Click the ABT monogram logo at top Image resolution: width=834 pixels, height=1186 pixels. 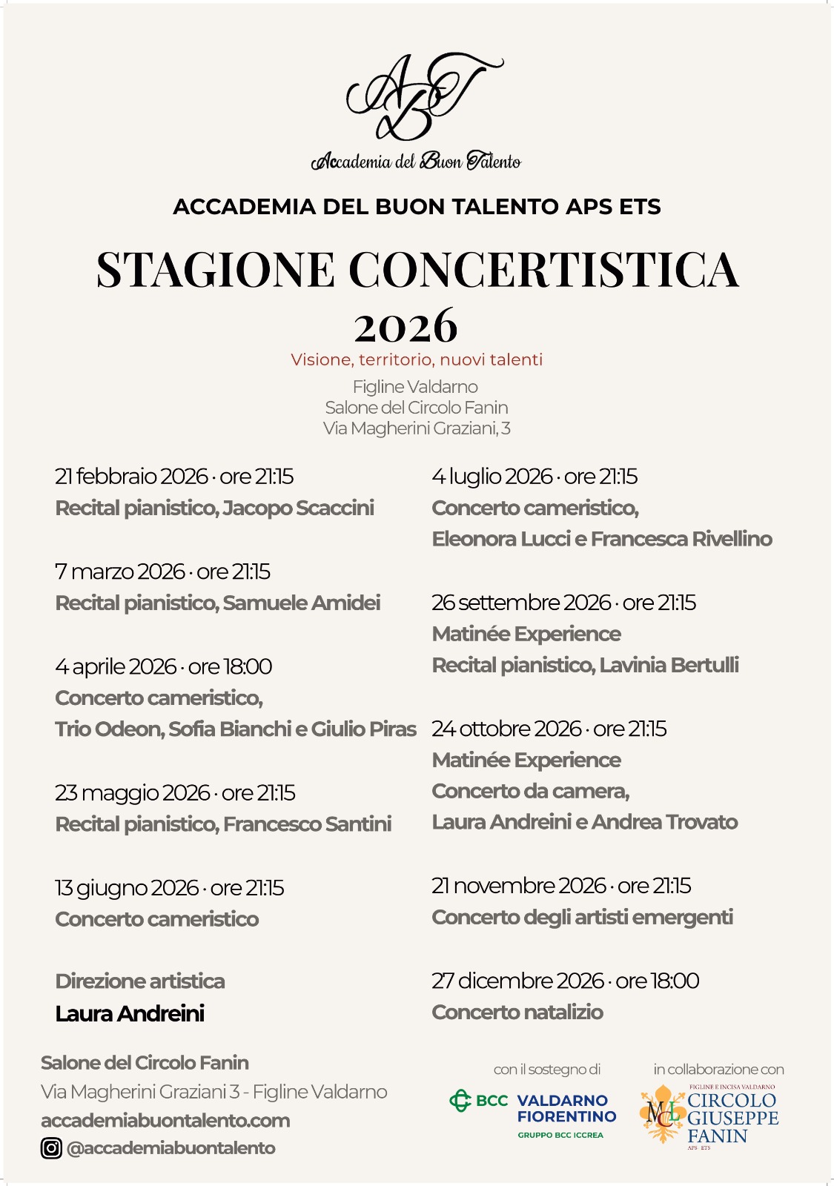click(x=419, y=96)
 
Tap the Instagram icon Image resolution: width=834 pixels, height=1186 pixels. click(x=51, y=1148)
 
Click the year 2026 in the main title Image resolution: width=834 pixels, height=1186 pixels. click(x=406, y=325)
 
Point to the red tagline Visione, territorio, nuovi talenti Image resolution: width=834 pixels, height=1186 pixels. click(x=417, y=360)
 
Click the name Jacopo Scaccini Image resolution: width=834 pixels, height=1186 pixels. click(x=298, y=508)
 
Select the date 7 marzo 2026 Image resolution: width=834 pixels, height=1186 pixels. click(x=119, y=572)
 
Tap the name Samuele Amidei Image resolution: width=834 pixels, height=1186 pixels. click(x=301, y=603)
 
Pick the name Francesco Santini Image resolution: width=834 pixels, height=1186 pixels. click(x=307, y=824)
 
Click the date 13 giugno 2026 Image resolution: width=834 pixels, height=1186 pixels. click(x=126, y=888)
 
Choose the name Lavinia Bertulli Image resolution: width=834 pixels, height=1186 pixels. click(x=669, y=665)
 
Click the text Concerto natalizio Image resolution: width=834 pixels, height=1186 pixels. click(x=517, y=1013)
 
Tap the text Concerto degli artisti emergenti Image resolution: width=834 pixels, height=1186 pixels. click(x=582, y=918)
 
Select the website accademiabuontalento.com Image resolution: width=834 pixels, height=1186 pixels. click(x=165, y=1120)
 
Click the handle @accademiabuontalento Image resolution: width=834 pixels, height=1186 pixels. click(x=171, y=1148)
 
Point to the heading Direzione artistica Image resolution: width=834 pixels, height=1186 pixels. click(x=140, y=981)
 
